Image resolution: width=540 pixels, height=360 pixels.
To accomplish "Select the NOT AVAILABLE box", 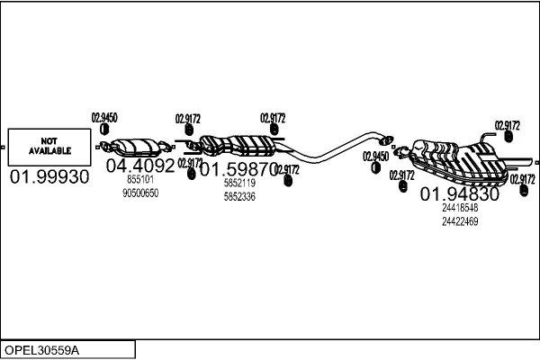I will coord(49,146).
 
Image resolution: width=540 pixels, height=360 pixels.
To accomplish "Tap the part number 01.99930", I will coord(49,177).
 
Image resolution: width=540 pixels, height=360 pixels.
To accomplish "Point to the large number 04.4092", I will coord(140,166).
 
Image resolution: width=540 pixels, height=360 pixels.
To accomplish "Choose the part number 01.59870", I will coord(238,168).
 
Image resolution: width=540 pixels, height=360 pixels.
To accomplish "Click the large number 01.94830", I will coord(460,194).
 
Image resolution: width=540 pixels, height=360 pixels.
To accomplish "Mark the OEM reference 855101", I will coord(139,180).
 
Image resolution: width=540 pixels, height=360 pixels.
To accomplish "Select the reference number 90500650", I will coord(139,193).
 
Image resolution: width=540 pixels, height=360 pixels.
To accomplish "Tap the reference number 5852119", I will coord(239,183).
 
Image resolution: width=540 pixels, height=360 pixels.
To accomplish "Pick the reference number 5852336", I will coord(239,196).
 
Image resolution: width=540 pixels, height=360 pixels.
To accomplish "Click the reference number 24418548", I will coord(460,208).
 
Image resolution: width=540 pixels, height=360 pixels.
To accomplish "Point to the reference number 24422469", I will coord(460,221).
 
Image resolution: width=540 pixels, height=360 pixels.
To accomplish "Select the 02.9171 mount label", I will coord(191,163).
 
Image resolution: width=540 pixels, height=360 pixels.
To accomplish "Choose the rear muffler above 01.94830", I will coord(459,157).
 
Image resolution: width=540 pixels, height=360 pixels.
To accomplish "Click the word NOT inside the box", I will coord(49,140).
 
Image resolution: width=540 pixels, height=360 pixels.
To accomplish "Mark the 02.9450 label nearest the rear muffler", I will coord(376,157).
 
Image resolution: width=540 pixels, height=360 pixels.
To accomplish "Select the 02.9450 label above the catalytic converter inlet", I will coord(104,116).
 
